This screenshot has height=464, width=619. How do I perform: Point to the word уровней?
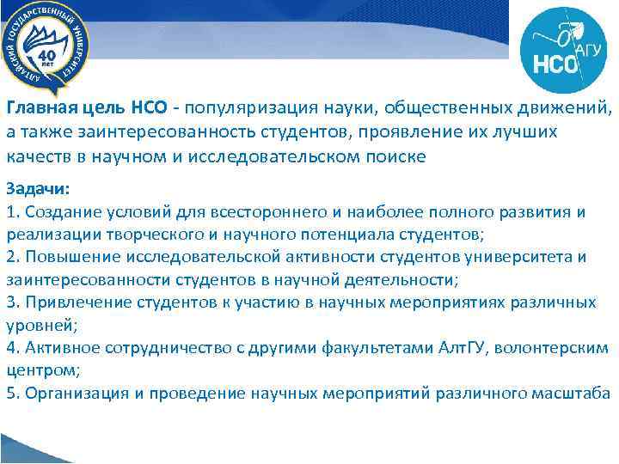pos(35,324)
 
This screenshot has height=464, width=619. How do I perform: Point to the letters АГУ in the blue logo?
pos(588,51)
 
